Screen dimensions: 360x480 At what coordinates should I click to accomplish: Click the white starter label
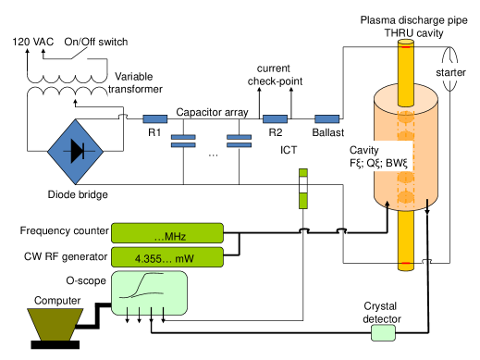pyautogui.click(x=450, y=72)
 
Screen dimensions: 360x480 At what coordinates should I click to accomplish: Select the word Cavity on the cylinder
pyautogui.click(x=363, y=150)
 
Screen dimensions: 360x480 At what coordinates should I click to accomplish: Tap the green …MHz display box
pyautogui.click(x=167, y=233)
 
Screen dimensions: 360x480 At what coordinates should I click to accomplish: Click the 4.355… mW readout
pyautogui.click(x=167, y=256)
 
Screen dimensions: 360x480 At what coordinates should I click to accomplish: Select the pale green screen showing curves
pyautogui.click(x=149, y=292)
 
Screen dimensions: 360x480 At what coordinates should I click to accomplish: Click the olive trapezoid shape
pyautogui.click(x=55, y=324)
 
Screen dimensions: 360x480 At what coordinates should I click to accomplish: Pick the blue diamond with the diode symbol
pyautogui.click(x=75, y=151)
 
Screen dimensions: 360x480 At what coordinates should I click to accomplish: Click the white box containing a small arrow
pyautogui.click(x=68, y=103)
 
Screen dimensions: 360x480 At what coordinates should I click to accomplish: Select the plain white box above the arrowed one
pyautogui.click(x=68, y=67)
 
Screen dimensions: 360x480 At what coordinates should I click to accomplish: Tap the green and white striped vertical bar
pyautogui.click(x=302, y=188)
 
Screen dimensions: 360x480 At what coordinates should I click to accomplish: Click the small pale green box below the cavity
pyautogui.click(x=383, y=332)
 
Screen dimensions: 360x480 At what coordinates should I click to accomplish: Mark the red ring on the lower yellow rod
pyautogui.click(x=406, y=266)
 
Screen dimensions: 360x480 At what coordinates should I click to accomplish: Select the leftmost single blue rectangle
pyautogui.click(x=155, y=118)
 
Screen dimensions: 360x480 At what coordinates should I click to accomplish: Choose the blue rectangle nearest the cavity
pyautogui.click(x=327, y=118)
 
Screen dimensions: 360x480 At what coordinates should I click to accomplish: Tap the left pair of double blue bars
pyautogui.click(x=183, y=141)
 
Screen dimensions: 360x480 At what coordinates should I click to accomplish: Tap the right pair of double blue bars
pyautogui.click(x=240, y=141)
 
